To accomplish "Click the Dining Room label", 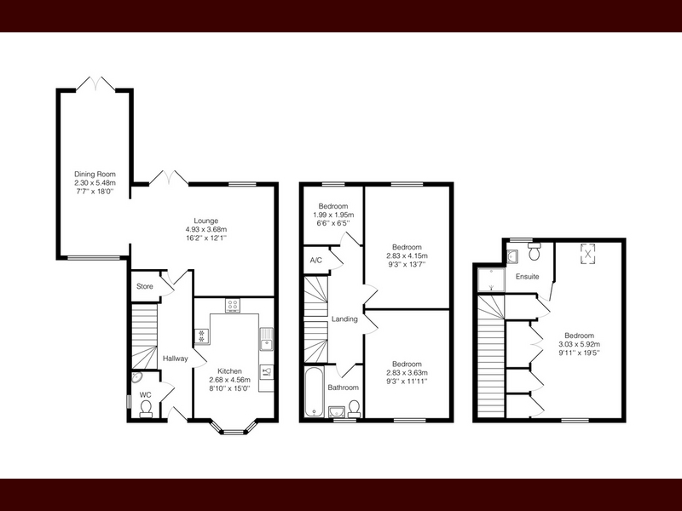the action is point(95,175).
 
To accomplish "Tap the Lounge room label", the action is point(206,221).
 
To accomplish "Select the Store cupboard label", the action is point(145,286).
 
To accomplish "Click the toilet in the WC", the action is point(146,409).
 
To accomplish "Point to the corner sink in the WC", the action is point(137,377).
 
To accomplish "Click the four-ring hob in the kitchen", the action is point(233,305).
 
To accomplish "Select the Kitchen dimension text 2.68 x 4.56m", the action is point(229,380).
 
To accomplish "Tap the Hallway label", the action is point(176,359).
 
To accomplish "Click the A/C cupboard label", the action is point(316,261).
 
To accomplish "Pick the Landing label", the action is point(344,319).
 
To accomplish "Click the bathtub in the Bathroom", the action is point(314,392).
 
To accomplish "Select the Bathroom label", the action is point(344,388).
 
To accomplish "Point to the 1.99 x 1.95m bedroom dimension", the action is point(333,215).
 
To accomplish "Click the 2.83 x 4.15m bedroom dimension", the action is point(407,256).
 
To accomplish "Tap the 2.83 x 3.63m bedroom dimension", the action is point(407,373).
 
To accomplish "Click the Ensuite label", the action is point(527,276).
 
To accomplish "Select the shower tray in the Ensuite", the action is point(492,280).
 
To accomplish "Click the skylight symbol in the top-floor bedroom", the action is point(587,253).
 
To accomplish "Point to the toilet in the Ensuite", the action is point(535,251).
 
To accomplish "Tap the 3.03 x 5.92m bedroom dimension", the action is point(580,344).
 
